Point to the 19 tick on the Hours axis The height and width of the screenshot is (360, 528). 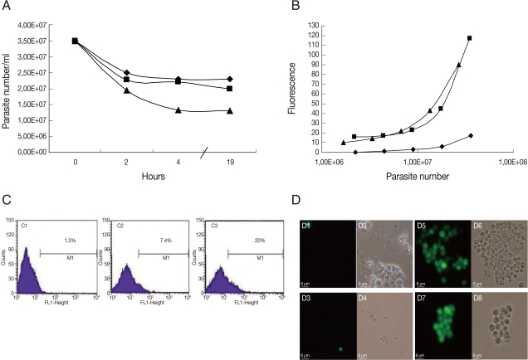[x=229, y=163]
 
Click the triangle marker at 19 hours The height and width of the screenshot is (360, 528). [x=229, y=110]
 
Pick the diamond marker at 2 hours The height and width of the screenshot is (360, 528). [x=126, y=73]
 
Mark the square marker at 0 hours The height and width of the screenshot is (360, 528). [x=75, y=40]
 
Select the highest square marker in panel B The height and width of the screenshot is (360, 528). [x=470, y=38]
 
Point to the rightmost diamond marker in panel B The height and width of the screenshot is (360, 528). [x=470, y=135]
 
